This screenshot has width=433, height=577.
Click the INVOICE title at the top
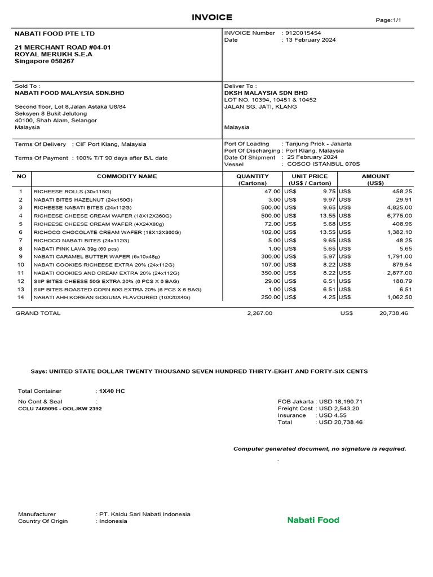(212, 17)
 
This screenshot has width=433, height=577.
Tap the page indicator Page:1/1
(388, 20)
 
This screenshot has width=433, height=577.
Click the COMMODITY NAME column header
(127, 176)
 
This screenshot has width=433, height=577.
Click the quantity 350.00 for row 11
(269, 273)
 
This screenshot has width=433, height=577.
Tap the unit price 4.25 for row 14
(329, 297)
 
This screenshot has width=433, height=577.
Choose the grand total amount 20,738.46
(394, 313)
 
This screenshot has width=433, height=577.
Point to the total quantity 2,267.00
(259, 313)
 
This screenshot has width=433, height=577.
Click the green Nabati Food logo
(313, 520)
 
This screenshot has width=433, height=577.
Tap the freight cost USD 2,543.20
(339, 409)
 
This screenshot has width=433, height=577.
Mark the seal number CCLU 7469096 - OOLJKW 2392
(60, 409)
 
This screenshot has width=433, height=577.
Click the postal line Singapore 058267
(44, 61)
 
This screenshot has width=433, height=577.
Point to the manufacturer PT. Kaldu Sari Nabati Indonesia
(145, 514)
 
